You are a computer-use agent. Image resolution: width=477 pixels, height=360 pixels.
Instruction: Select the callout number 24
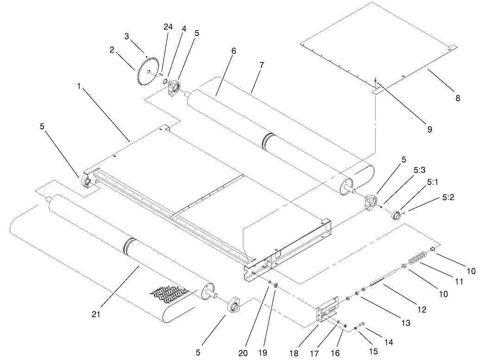click(x=168, y=27)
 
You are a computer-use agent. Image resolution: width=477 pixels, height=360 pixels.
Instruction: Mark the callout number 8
click(x=458, y=98)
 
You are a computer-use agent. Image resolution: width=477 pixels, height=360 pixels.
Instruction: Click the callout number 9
click(x=429, y=130)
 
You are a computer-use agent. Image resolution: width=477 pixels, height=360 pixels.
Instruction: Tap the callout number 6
click(x=234, y=51)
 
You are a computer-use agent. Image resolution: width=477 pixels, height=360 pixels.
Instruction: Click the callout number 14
click(x=388, y=342)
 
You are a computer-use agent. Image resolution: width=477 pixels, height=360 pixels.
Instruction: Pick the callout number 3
click(x=126, y=36)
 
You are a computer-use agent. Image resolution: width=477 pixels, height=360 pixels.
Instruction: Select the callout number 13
click(x=406, y=323)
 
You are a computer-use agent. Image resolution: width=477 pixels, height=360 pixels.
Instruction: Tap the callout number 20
click(x=243, y=353)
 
